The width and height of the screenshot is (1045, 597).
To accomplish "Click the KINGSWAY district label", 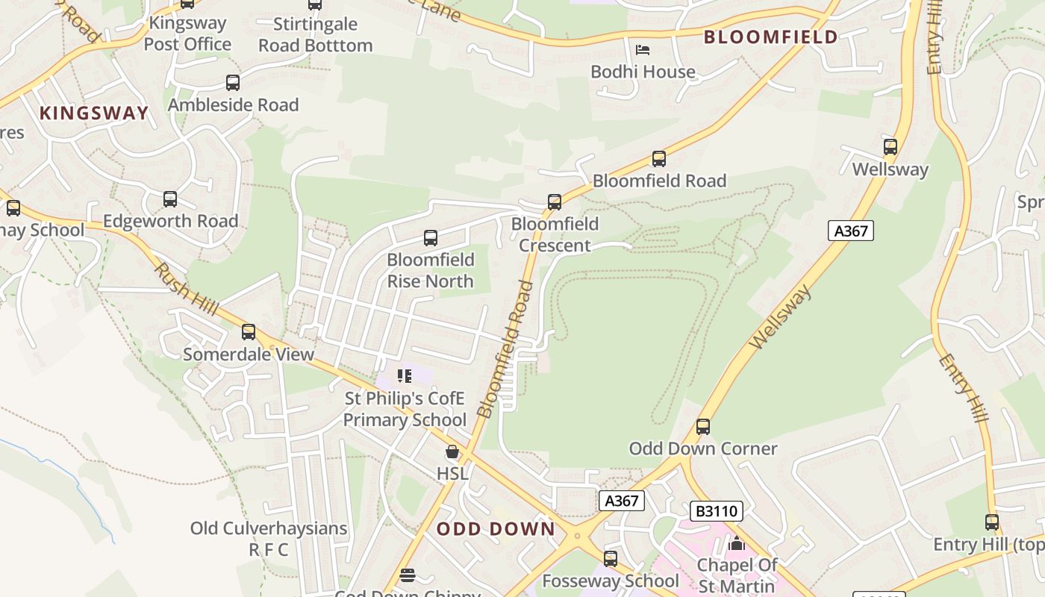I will click(x=94, y=113).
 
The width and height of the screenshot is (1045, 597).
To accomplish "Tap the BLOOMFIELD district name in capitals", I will click(x=771, y=37).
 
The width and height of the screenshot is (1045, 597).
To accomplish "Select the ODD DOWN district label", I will click(x=496, y=529).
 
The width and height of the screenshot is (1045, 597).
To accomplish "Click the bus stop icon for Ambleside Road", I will click(x=233, y=83).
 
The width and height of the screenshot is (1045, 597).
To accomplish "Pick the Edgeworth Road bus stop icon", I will click(x=170, y=199).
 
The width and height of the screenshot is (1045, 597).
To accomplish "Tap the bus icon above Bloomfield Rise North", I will click(x=431, y=238).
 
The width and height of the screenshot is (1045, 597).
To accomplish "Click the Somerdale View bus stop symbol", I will click(x=249, y=332).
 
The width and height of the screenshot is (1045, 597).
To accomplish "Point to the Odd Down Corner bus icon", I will click(x=703, y=427).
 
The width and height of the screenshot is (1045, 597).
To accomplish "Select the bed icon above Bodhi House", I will click(x=643, y=50).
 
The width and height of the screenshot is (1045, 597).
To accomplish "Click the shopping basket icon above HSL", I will click(x=452, y=451).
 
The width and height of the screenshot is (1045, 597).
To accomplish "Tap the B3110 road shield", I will click(x=716, y=511).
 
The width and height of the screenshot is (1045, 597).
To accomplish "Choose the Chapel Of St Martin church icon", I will click(x=737, y=543).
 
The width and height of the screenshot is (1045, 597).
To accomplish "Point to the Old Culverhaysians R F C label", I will click(x=269, y=539).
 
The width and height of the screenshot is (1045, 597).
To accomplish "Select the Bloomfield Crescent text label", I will click(x=555, y=234).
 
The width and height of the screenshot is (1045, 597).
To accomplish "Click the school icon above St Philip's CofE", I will click(x=405, y=375).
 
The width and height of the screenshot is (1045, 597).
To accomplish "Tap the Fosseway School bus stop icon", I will click(x=611, y=558).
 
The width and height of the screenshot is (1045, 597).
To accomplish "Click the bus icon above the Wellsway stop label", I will click(x=890, y=147).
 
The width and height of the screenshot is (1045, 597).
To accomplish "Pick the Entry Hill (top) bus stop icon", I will click(x=992, y=522).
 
